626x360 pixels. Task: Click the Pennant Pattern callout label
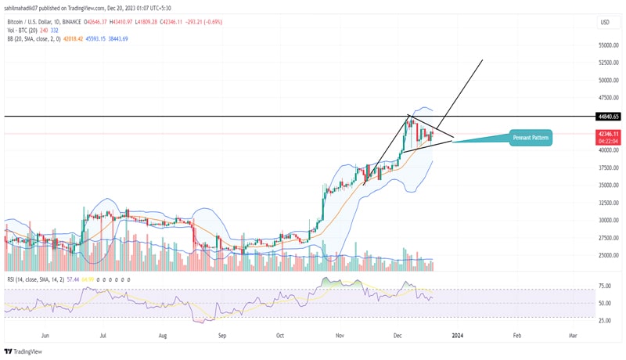tap(531, 138)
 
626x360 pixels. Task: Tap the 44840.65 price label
tap(607, 116)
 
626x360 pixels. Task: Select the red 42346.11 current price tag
tap(607, 134)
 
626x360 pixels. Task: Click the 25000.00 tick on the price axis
tap(610, 256)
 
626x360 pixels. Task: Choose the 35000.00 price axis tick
tap(610, 186)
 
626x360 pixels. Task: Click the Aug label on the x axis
tap(163, 334)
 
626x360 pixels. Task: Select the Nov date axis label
tap(340, 334)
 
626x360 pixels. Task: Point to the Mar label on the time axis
tap(573, 334)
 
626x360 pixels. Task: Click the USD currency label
tap(604, 22)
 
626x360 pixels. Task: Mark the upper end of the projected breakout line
tap(482, 59)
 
